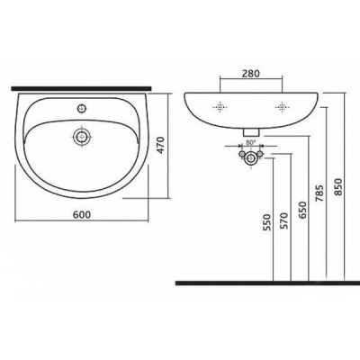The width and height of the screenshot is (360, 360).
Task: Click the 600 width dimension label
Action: point(82,215)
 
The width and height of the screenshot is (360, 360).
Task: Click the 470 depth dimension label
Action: point(160,146)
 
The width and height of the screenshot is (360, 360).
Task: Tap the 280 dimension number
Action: point(251,74)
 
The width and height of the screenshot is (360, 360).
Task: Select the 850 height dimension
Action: point(338,186)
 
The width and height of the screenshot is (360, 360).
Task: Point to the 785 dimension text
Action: point(319,193)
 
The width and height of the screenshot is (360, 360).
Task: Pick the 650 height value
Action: point(302,210)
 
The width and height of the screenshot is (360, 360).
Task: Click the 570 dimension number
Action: point(284,220)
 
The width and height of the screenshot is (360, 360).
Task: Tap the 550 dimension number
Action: point(266,222)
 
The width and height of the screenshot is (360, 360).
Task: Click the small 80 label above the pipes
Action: point(250,143)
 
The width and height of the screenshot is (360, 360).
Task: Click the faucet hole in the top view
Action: point(82,108)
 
